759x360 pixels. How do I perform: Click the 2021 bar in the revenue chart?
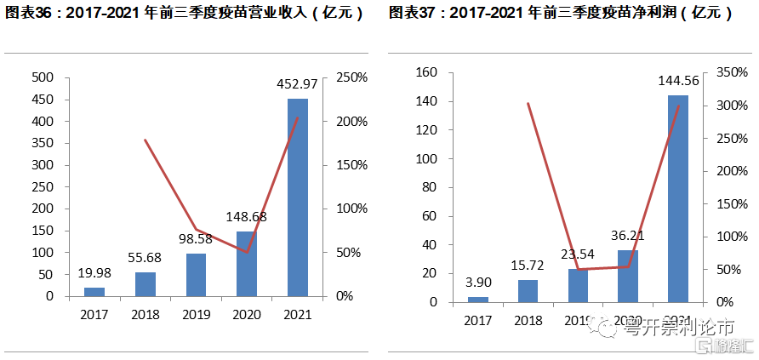coord(298,197)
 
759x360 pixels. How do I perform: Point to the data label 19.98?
coord(94,272)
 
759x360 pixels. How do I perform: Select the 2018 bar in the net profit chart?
coord(528,290)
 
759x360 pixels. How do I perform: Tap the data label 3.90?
coord(478,282)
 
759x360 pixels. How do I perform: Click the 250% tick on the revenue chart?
coord(351,77)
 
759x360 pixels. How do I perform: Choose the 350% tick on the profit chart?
coord(731,73)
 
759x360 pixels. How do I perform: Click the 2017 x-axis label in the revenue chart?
coord(94,314)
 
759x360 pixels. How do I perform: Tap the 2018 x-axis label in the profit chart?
coord(528,320)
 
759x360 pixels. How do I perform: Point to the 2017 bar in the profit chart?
coord(478,299)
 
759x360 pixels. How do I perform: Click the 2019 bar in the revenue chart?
coord(197,274)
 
